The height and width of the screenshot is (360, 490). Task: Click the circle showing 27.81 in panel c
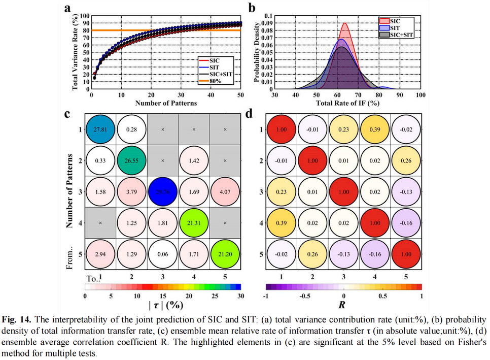coord(100,129)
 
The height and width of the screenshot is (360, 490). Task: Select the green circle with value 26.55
coord(131,160)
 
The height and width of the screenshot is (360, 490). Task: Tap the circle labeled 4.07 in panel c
coord(225,192)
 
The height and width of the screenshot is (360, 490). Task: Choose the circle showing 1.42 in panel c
coord(194,160)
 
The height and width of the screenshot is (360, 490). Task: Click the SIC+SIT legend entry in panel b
coord(397,35)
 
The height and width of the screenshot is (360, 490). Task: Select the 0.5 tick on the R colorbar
coord(382,296)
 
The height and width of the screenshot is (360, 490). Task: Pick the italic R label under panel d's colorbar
coord(344,306)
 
